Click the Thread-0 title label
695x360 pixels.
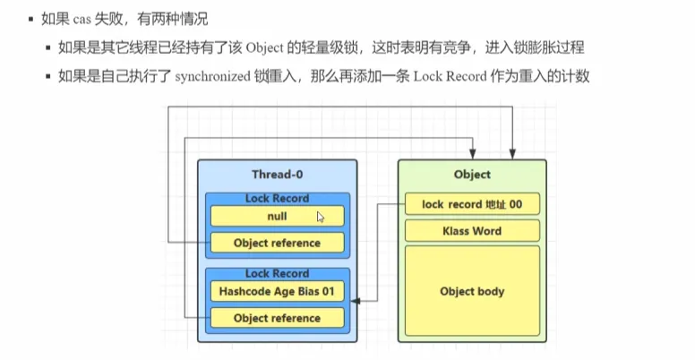(276, 174)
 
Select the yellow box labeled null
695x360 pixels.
(276, 216)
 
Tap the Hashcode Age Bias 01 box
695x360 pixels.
(276, 291)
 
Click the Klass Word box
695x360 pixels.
(472, 231)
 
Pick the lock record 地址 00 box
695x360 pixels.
(472, 205)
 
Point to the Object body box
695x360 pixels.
(472, 291)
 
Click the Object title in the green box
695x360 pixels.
(472, 174)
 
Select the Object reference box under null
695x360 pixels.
(276, 243)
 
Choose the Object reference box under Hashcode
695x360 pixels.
(276, 318)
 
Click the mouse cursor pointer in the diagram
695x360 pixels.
(321, 216)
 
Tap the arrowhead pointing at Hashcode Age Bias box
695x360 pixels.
(356, 303)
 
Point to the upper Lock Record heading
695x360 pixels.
(276, 198)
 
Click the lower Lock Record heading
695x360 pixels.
(276, 273)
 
